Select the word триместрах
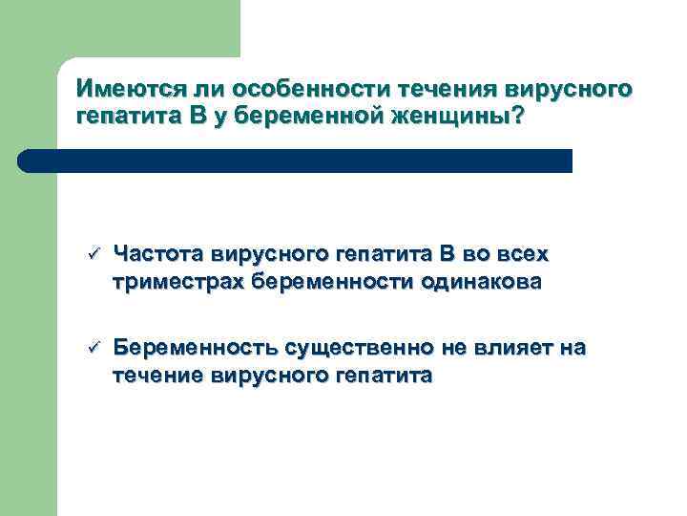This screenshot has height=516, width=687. (x=178, y=282)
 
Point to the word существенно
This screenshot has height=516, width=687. (x=360, y=348)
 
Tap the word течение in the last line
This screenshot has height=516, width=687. (x=156, y=376)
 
